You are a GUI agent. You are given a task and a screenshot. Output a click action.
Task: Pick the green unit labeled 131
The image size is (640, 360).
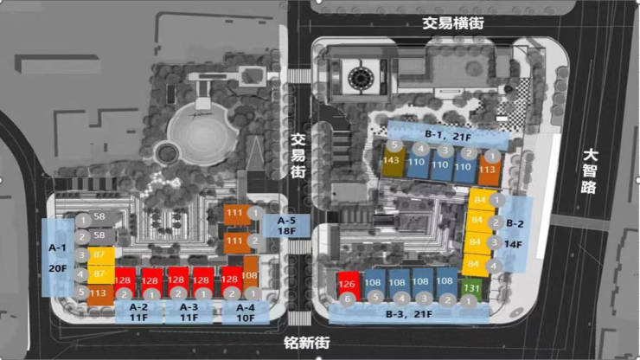pos(471,288)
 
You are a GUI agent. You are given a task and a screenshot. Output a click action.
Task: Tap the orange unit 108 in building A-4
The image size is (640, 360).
pos(251,276)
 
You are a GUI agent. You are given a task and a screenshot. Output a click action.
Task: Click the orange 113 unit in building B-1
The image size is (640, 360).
pos(488,170)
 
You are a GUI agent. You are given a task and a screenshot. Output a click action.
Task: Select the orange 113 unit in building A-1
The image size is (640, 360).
pos(98,292)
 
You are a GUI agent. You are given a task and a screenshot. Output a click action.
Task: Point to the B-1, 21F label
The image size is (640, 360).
pos(446,136)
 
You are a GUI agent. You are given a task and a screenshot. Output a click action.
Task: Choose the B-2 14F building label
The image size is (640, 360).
pos(515,234)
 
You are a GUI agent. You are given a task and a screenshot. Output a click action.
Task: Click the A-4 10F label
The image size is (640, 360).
pos(246,312)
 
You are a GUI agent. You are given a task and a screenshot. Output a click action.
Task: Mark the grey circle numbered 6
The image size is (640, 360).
pos(347,299)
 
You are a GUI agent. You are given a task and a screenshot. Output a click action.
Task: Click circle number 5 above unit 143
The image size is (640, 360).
pos(394,146)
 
